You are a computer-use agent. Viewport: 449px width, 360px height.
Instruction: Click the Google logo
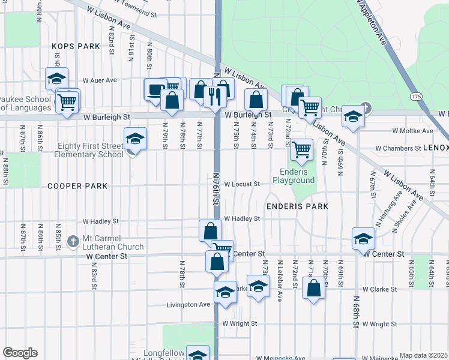[19, 353]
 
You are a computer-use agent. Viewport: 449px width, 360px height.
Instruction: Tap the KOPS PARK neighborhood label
[75, 46]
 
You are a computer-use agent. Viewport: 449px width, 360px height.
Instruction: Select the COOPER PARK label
[77, 186]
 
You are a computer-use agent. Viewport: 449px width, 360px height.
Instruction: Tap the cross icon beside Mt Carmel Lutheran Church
[73, 242]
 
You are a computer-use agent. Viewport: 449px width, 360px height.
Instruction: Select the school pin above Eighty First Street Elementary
[135, 139]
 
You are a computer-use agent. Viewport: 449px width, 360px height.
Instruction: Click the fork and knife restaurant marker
[215, 95]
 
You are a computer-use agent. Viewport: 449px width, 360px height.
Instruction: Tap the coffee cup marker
[155, 89]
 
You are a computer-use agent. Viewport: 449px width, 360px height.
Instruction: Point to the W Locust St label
[242, 184]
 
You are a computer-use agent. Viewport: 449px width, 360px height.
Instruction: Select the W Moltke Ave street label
[412, 131]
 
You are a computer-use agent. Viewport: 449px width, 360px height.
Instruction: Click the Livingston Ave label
[188, 305]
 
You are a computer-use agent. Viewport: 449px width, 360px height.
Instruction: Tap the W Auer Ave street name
[100, 80]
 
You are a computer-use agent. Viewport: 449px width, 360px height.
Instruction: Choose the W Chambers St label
[399, 148]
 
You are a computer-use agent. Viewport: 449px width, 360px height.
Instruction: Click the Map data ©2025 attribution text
[423, 355]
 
